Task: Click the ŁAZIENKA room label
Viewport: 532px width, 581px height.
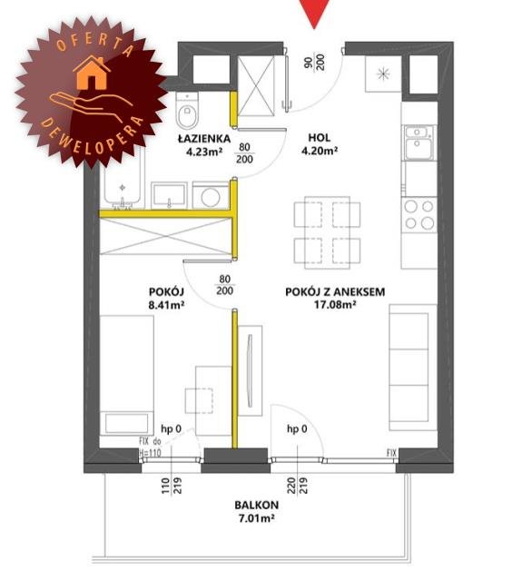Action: pyautogui.click(x=204, y=139)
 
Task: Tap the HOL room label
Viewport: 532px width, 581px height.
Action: pyautogui.click(x=320, y=138)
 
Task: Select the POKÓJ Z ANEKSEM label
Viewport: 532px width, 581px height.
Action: pyautogui.click(x=335, y=292)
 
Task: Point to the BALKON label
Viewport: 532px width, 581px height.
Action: pyautogui.click(x=256, y=505)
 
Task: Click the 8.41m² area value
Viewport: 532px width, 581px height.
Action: pyautogui.click(x=166, y=305)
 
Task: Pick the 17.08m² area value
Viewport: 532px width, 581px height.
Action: pyautogui.click(x=335, y=305)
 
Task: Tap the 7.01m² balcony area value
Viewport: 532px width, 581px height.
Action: pyautogui.click(x=256, y=518)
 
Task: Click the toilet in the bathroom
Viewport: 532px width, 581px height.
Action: pyautogui.click(x=187, y=110)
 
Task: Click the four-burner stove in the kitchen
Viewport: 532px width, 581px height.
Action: pyautogui.click(x=419, y=215)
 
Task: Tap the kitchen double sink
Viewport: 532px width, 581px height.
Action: pyautogui.click(x=419, y=143)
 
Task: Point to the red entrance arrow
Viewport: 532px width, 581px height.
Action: pyautogui.click(x=314, y=14)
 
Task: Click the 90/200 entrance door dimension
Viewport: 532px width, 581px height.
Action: pyautogui.click(x=314, y=62)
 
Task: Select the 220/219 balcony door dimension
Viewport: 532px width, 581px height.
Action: pyautogui.click(x=298, y=486)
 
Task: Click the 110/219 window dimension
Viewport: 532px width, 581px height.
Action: pyautogui.click(x=172, y=486)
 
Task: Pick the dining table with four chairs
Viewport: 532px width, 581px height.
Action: pyautogui.click(x=327, y=232)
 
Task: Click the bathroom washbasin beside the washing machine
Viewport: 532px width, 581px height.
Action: pyautogui.click(x=169, y=195)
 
